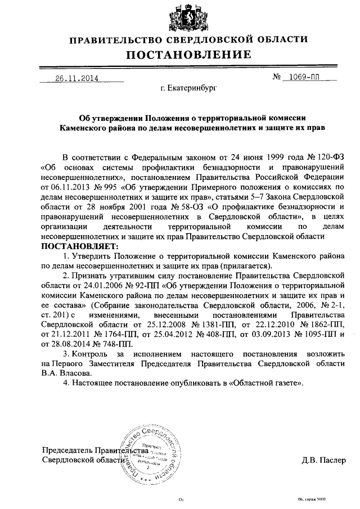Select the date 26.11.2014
point(76,79)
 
